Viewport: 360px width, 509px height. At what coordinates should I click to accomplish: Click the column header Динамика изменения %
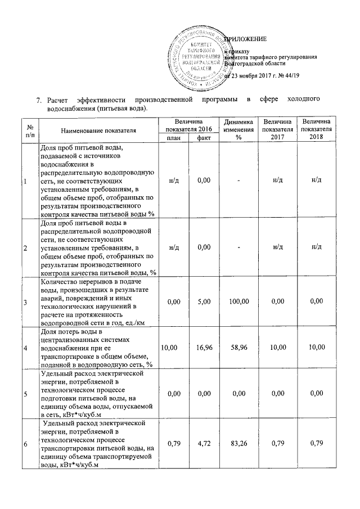pyautogui.click(x=238, y=130)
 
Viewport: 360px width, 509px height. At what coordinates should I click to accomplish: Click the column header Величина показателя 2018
pyautogui.click(x=316, y=130)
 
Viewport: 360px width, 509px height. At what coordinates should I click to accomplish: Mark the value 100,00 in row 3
pyautogui.click(x=238, y=301)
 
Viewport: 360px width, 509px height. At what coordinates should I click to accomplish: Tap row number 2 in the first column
pyautogui.click(x=25, y=247)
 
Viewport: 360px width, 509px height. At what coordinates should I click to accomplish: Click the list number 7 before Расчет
pyautogui.click(x=39, y=100)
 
